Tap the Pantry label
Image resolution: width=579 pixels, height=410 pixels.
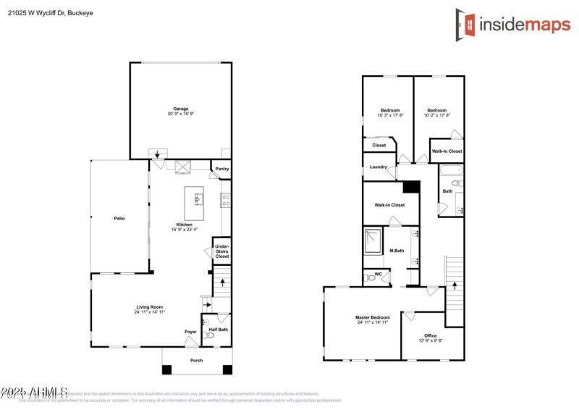point(221,169)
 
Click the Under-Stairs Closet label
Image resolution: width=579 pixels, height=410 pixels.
point(221,251)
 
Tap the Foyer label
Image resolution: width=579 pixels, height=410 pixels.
point(190,332)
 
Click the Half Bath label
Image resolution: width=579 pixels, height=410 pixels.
point(219,330)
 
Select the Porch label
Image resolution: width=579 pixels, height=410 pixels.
point(196,360)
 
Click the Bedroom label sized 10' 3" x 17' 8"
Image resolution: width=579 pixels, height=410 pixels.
point(390,110)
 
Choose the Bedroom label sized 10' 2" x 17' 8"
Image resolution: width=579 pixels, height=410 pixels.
point(437,110)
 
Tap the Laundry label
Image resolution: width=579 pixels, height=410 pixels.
point(378,167)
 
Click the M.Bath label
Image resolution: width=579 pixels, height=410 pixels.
point(397,251)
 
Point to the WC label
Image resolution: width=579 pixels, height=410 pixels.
point(378,275)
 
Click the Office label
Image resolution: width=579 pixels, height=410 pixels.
point(431,335)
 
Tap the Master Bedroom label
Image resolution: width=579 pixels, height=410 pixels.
point(372,317)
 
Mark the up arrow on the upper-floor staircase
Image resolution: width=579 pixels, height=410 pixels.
point(454,284)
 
